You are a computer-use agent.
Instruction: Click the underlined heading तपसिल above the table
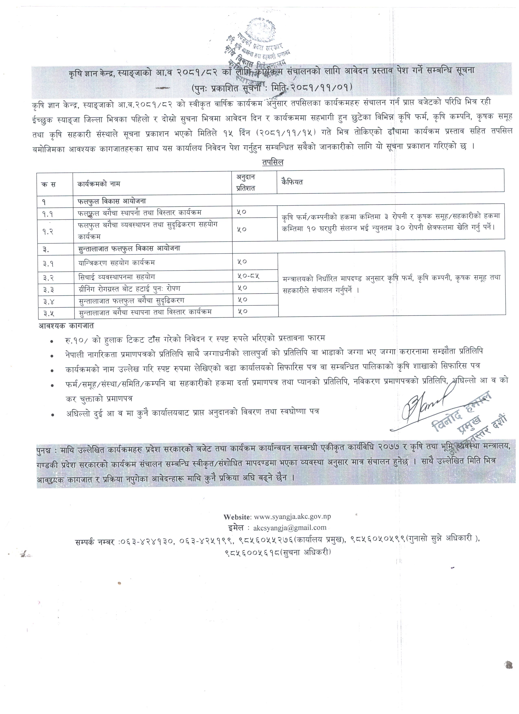coord(272,162)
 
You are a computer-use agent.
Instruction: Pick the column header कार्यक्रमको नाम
coord(99,184)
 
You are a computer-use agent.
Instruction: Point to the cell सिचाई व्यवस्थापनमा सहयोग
coord(117,277)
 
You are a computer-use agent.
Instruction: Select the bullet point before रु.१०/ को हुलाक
coord(52,341)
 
